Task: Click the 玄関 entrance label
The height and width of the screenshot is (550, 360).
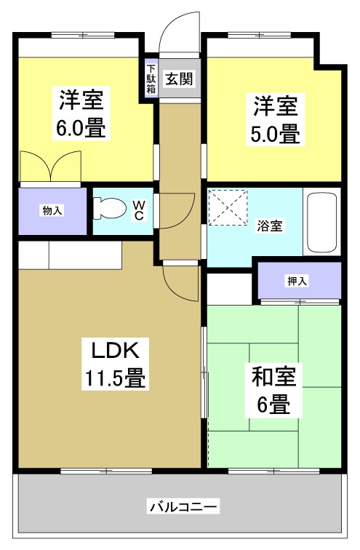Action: click(177, 77)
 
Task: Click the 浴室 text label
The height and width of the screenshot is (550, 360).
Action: click(269, 226)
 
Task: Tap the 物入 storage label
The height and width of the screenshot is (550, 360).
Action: click(52, 211)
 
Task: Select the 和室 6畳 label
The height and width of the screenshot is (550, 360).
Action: click(274, 391)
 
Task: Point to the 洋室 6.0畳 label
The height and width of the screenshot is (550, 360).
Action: click(81, 114)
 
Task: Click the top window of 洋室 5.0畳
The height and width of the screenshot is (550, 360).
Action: click(259, 35)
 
